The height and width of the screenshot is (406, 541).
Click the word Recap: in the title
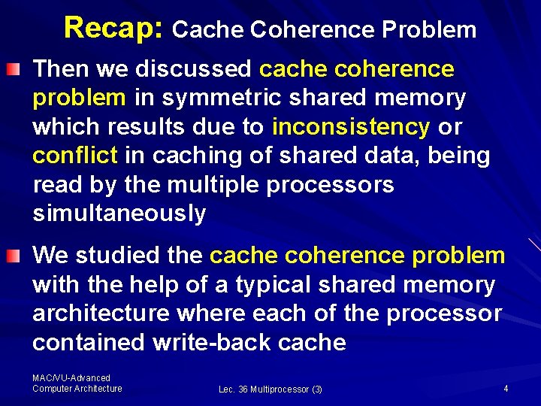113,28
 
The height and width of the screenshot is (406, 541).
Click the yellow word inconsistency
350,127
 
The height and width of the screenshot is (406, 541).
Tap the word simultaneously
119,214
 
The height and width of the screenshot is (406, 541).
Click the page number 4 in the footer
506,389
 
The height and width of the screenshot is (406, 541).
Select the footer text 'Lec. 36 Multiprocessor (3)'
270,389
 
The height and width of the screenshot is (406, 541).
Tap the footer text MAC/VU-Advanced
71,378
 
